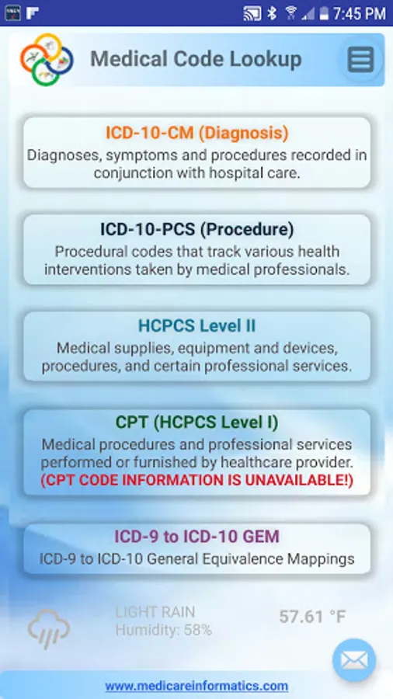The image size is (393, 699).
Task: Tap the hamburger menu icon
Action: [360, 59]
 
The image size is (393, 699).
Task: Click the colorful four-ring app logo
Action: [47, 59]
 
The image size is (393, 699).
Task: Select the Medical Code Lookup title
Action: [196, 59]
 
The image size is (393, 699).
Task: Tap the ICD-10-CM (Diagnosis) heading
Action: [197, 133]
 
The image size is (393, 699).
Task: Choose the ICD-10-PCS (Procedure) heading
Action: [197, 230]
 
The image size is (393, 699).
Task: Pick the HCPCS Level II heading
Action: [197, 326]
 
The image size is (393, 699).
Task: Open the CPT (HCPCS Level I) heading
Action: [197, 423]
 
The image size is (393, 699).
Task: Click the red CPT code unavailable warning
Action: [197, 481]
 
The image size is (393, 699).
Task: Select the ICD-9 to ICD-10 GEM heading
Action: [197, 536]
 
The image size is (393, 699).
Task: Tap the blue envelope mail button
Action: [354, 660]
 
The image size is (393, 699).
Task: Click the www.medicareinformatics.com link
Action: [196, 686]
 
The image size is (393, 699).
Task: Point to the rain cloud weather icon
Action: [49, 629]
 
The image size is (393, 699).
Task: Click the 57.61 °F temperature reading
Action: [312, 617]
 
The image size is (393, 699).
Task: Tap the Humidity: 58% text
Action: [164, 630]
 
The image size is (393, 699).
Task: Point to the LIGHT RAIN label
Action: [155, 612]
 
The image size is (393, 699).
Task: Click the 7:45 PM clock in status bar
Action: [359, 13]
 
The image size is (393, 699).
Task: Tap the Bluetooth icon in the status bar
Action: [272, 13]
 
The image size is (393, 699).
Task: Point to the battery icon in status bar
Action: [324, 13]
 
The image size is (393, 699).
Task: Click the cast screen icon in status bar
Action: [252, 13]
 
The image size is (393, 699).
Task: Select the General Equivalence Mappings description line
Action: [197, 559]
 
